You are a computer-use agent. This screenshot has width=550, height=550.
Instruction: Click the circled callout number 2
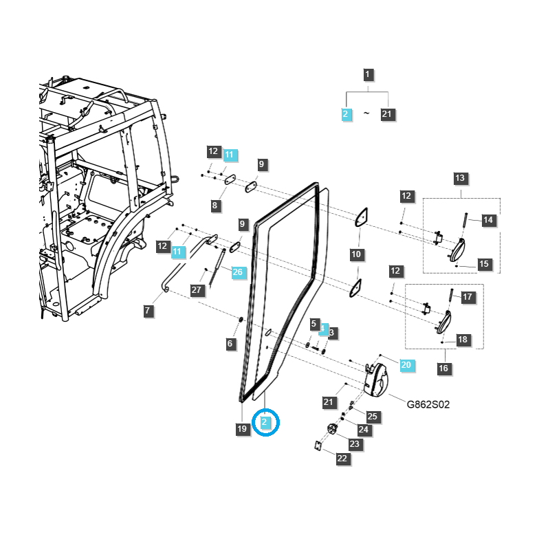(266, 421)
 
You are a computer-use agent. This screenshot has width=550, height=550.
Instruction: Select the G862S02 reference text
(428, 404)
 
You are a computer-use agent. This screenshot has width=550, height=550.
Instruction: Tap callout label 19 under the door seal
(241, 429)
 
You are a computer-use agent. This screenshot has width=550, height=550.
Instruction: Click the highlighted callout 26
(237, 272)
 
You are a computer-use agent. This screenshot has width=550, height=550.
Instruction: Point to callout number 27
(197, 290)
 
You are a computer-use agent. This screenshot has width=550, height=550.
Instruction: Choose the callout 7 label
(148, 311)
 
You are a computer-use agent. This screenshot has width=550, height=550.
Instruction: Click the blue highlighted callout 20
(406, 365)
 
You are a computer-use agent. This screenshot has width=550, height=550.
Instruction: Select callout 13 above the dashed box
(460, 178)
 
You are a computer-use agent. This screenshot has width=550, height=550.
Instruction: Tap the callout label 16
(443, 368)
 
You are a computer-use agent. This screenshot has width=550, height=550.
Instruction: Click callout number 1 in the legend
(368, 74)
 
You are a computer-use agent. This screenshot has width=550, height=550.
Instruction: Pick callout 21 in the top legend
(388, 114)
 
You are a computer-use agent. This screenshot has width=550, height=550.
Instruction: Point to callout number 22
(342, 459)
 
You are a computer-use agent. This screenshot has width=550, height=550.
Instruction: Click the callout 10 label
(356, 254)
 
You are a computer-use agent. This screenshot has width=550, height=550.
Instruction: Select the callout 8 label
(214, 205)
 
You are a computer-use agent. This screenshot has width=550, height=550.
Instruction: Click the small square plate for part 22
(318, 445)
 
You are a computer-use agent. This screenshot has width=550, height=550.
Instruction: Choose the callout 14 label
(488, 220)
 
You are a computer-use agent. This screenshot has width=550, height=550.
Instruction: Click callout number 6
(230, 342)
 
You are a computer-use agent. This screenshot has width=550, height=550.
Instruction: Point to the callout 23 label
(354, 444)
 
